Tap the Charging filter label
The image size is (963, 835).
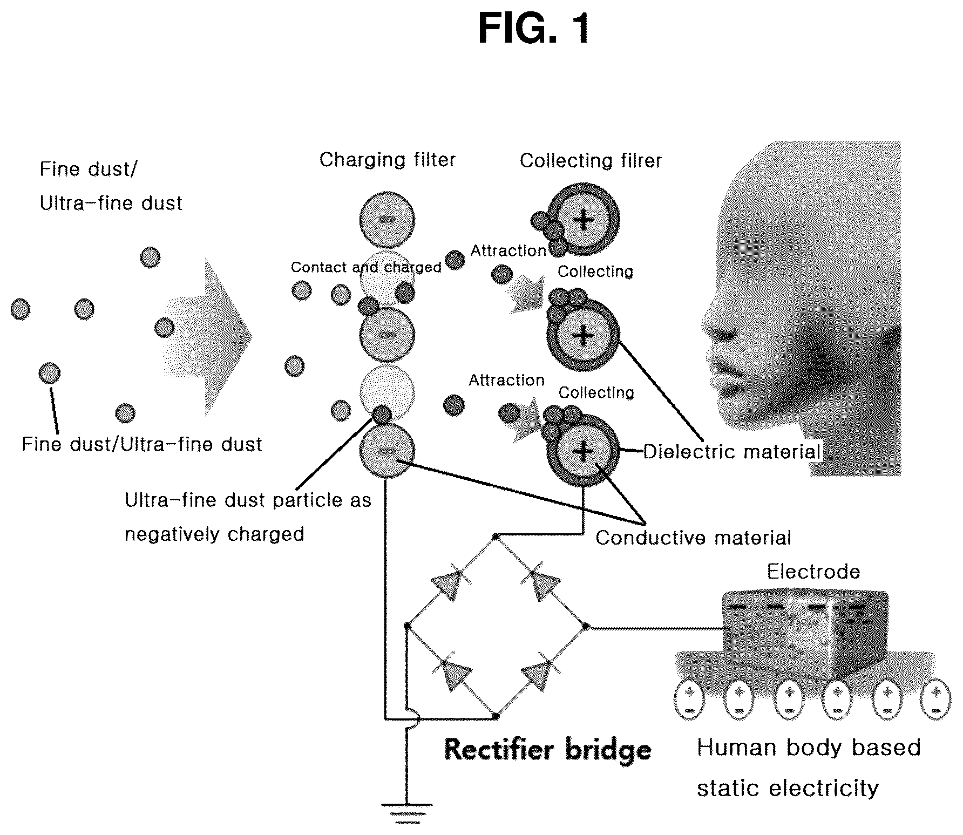click(387, 160)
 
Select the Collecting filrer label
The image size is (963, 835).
click(591, 160)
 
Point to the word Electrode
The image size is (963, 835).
click(813, 572)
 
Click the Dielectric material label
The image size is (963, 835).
click(732, 451)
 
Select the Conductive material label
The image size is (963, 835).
click(693, 538)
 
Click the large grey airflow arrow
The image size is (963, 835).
click(208, 337)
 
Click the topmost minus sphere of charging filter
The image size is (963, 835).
click(386, 219)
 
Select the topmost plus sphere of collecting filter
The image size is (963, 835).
click(583, 220)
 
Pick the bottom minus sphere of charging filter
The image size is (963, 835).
click(386, 451)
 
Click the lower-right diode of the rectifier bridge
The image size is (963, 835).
click(540, 672)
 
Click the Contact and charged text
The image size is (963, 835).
click(366, 267)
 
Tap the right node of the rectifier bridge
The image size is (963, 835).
click(586, 627)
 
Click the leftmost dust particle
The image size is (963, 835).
click(21, 309)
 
